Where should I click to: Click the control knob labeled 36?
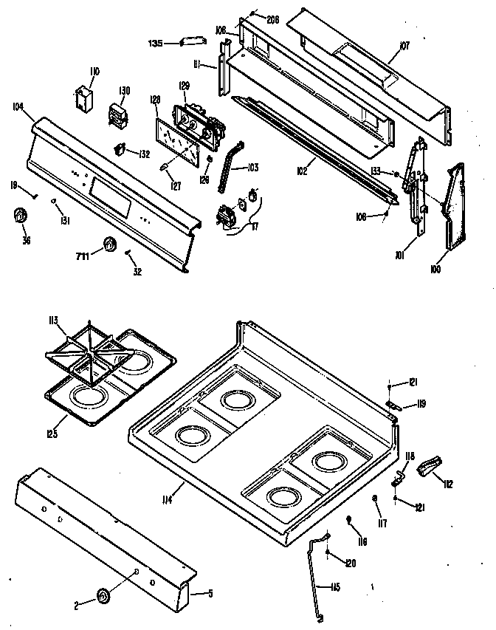coord(20,215)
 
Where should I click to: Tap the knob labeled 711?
coord(111,245)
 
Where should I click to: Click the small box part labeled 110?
coord(83,98)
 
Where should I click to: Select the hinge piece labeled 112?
coord(429,466)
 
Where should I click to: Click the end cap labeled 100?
coord(455,207)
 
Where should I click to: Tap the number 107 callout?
coord(404,46)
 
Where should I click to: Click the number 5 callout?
coord(210,592)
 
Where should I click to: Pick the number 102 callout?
coord(302,171)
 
